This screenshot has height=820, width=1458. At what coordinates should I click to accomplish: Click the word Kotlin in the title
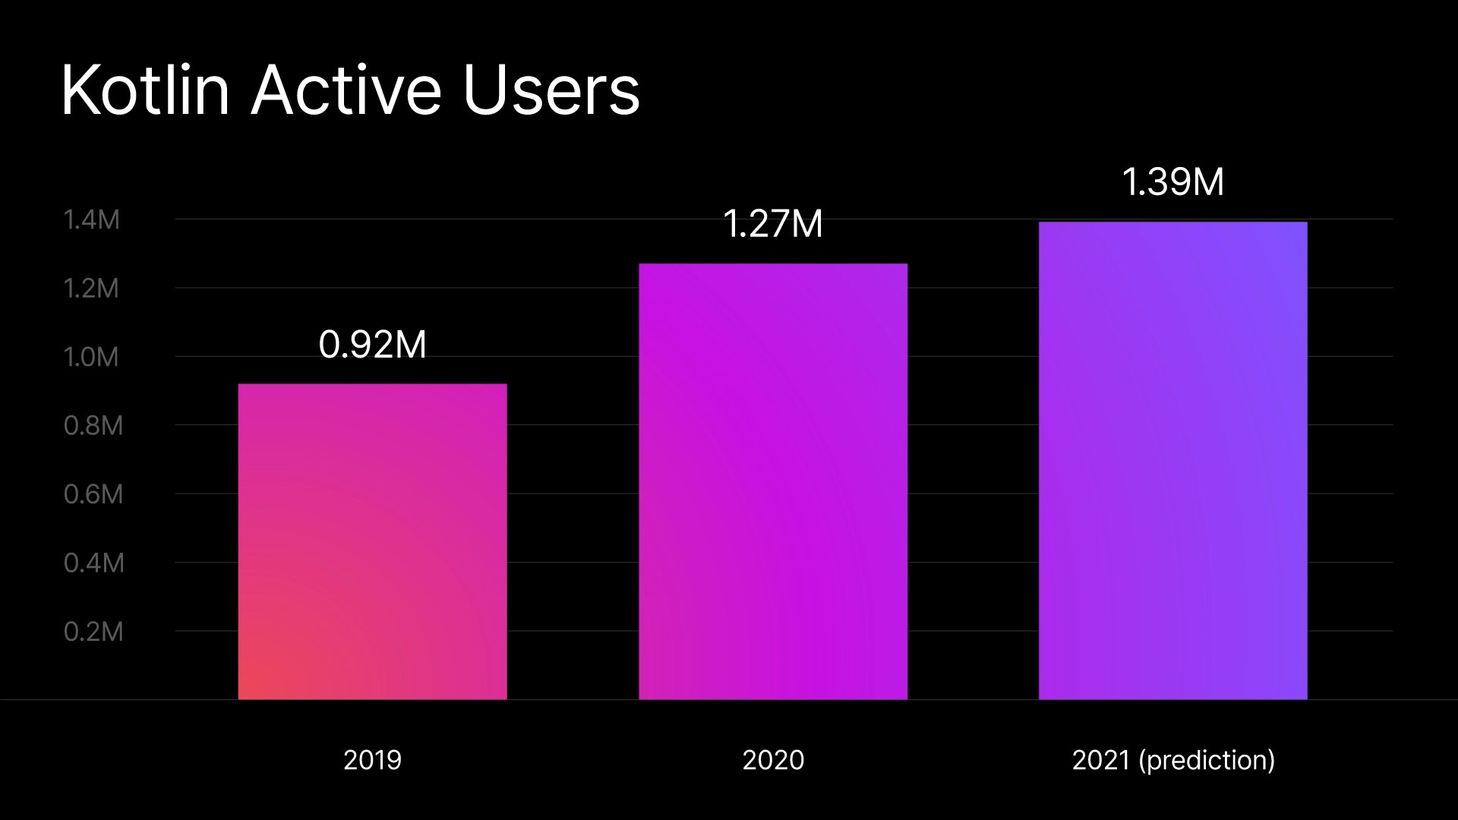[x=144, y=91]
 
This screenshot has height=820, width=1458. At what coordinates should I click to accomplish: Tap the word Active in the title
[x=346, y=91]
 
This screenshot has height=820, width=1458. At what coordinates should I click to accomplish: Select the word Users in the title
[x=551, y=91]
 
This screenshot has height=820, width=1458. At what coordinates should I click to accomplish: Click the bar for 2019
[x=372, y=541]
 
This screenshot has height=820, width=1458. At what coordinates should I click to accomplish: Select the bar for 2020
[x=773, y=481]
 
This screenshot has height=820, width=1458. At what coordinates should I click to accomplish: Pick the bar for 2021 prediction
[x=1173, y=460]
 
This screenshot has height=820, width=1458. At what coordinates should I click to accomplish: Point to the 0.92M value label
[x=372, y=345]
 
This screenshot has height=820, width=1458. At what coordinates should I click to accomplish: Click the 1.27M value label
[x=773, y=224]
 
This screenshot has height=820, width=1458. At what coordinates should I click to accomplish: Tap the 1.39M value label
[x=1173, y=182]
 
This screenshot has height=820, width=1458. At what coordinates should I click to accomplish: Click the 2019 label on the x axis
[x=372, y=760]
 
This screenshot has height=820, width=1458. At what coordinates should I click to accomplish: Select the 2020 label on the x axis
[x=773, y=760]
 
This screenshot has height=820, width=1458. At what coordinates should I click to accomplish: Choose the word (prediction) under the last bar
[x=1207, y=760]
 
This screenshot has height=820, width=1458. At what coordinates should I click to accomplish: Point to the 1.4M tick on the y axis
[x=92, y=220]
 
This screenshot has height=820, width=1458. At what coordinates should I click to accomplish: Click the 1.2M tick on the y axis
[x=92, y=289]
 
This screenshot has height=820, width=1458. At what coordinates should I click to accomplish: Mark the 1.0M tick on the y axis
[x=92, y=357]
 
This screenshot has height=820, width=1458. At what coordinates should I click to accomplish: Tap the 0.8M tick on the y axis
[x=93, y=426]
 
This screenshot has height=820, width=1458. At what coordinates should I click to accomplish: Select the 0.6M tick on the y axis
[x=93, y=494]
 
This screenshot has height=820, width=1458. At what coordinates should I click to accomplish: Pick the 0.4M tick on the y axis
[x=93, y=563]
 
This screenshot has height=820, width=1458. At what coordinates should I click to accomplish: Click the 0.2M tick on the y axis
[x=93, y=632]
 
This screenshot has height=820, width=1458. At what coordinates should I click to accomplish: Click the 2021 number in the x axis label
[x=1101, y=760]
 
